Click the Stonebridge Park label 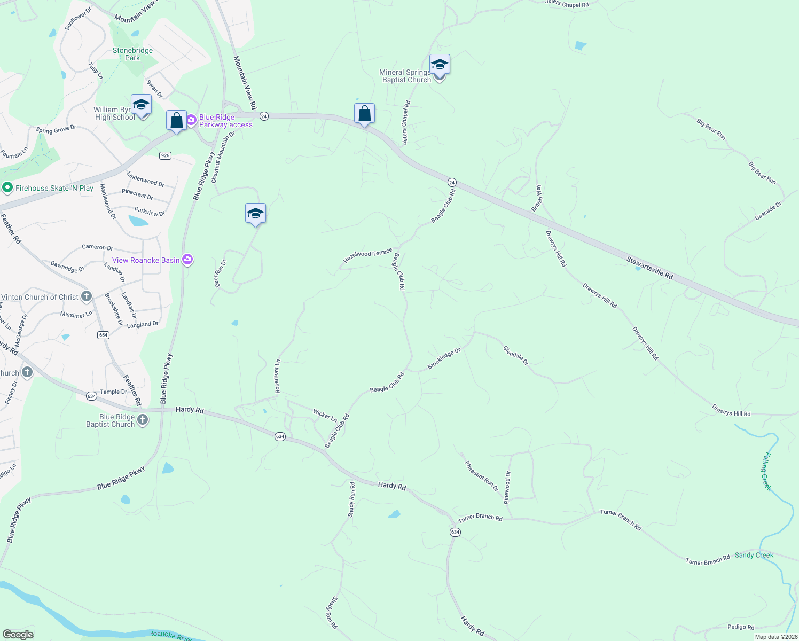(x=132, y=54)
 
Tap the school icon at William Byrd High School (x=141, y=105)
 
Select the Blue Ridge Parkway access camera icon (x=191, y=121)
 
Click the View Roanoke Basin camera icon (x=187, y=260)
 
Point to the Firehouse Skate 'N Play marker (x=7, y=188)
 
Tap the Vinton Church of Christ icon (x=87, y=297)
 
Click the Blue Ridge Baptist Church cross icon (x=143, y=420)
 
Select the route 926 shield (x=165, y=155)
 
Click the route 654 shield (x=103, y=335)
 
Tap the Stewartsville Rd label (x=649, y=268)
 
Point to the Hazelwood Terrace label (x=368, y=255)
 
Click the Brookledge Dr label (x=444, y=359)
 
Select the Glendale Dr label (x=516, y=355)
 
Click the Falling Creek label (x=767, y=471)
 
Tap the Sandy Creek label (x=754, y=555)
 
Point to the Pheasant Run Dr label (x=481, y=475)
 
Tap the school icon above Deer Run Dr (x=255, y=214)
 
